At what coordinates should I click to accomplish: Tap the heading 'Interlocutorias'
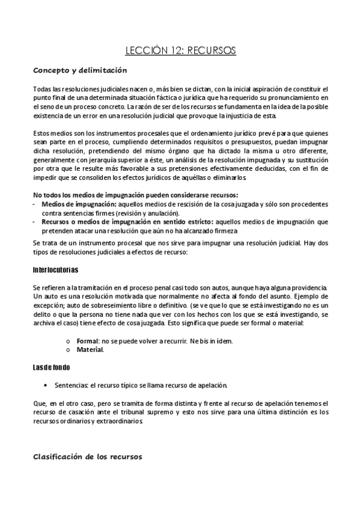pos(55,269)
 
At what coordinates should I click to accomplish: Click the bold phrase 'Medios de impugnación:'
pos(75,205)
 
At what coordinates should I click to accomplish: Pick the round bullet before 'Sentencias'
pos(46,384)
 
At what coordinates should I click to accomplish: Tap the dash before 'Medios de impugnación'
pos(35,205)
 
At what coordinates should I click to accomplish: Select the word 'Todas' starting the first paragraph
pos(42,89)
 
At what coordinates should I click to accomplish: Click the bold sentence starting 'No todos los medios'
pos(136,195)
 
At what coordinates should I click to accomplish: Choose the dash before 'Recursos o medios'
pos(35,222)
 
